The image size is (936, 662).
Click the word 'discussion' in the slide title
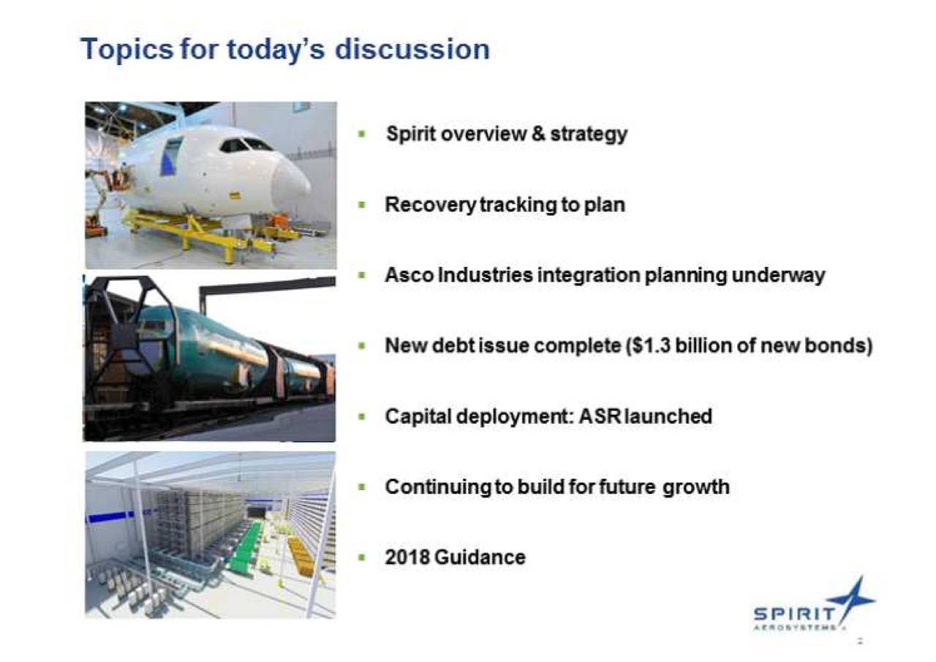pos(412,49)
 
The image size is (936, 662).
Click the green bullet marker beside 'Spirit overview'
pos(362,135)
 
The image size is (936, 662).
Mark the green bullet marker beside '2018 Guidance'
pos(362,557)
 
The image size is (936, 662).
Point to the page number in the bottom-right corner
pos(861,642)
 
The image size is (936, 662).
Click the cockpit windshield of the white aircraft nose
pos(246,146)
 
